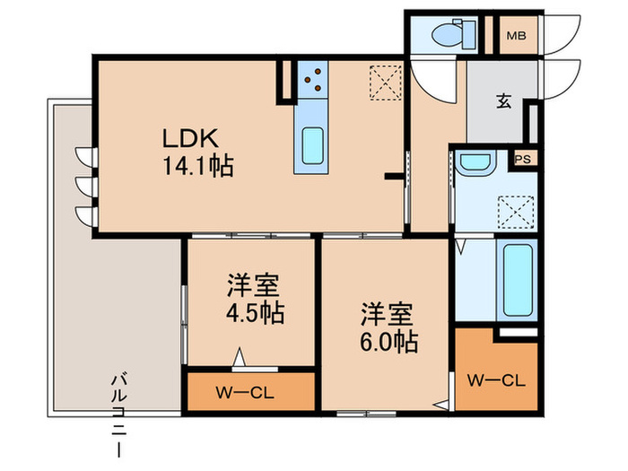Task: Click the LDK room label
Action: (x=190, y=138)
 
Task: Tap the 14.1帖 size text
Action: (x=198, y=165)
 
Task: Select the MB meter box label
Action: (x=517, y=36)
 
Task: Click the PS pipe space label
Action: (x=523, y=159)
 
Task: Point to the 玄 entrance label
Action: (x=504, y=100)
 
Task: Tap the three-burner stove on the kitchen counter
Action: (x=312, y=79)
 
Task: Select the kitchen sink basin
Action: (x=313, y=145)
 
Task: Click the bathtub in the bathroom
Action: (x=518, y=280)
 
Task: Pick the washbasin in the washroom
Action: (x=475, y=163)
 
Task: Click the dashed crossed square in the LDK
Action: (x=385, y=83)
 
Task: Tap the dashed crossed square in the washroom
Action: (x=516, y=213)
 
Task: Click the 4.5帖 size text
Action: (x=256, y=313)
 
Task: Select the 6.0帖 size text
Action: (x=388, y=342)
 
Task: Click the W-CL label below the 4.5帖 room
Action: (x=245, y=393)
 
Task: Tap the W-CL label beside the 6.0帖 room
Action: (x=496, y=380)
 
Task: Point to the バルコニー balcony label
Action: (x=119, y=414)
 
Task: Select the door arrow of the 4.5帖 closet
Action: (x=240, y=356)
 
